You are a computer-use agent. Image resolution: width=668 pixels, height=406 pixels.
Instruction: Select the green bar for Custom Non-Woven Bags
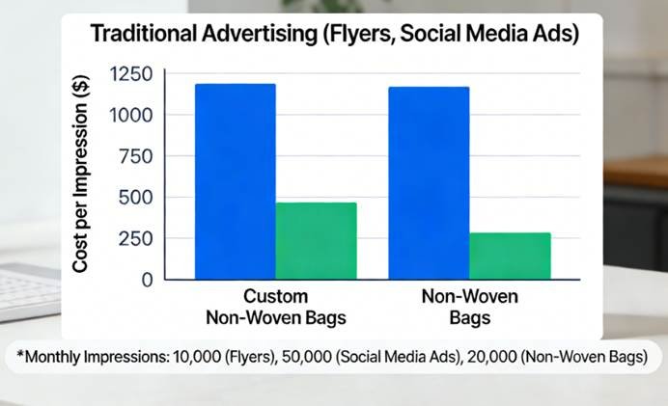click(316, 241)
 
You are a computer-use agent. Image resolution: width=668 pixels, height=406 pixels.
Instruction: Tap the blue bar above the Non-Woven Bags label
click(429, 183)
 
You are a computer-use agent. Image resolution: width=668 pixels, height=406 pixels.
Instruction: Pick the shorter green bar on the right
click(510, 256)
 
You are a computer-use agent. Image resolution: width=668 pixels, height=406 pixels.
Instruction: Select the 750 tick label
click(136, 156)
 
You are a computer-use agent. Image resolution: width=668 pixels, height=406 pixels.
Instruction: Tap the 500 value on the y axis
click(136, 198)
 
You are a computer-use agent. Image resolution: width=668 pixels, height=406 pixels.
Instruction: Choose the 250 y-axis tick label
click(136, 238)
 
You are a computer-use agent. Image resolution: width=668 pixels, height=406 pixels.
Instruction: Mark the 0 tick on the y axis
click(146, 280)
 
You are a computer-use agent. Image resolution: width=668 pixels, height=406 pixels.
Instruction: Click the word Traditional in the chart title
click(141, 35)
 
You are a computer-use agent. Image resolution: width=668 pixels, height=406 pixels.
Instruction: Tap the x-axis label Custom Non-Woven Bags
click(275, 306)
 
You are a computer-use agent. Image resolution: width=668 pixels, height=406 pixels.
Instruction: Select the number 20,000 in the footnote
click(492, 357)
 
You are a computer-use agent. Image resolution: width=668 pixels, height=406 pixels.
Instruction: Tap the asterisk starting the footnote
click(21, 355)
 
